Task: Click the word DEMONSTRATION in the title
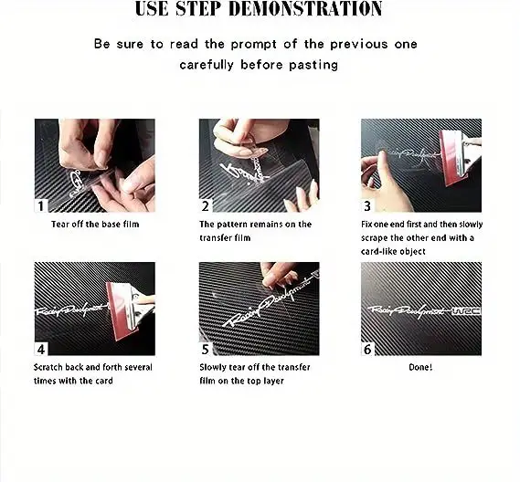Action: click(305, 8)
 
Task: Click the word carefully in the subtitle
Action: click(207, 65)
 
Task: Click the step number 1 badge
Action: click(41, 206)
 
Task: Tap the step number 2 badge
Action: click(206, 206)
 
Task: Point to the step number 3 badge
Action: click(367, 206)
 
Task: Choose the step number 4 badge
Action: click(41, 350)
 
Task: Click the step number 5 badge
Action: click(206, 350)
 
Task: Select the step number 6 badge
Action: click(367, 350)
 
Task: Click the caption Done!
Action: click(420, 367)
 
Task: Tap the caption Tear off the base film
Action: click(95, 225)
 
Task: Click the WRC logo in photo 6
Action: click(467, 311)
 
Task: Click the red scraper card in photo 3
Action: click(451, 157)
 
